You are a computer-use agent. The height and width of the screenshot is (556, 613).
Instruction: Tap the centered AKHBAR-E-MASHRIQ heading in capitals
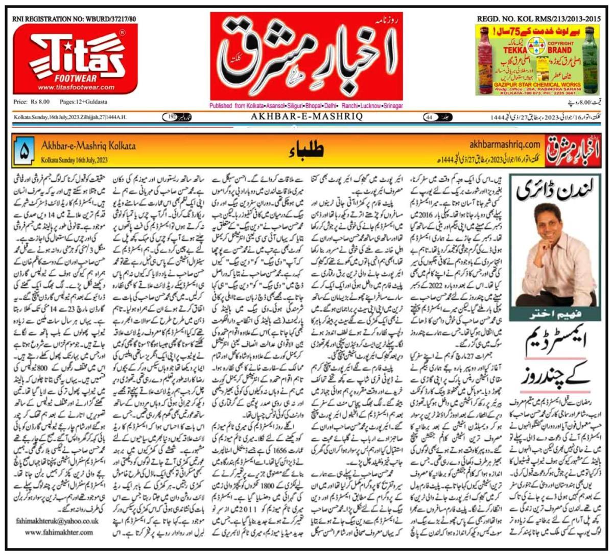pos(306,117)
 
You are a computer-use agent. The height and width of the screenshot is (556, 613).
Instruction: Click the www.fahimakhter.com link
pos(59,533)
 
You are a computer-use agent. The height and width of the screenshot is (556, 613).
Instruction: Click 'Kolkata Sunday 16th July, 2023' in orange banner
pos(75,160)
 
